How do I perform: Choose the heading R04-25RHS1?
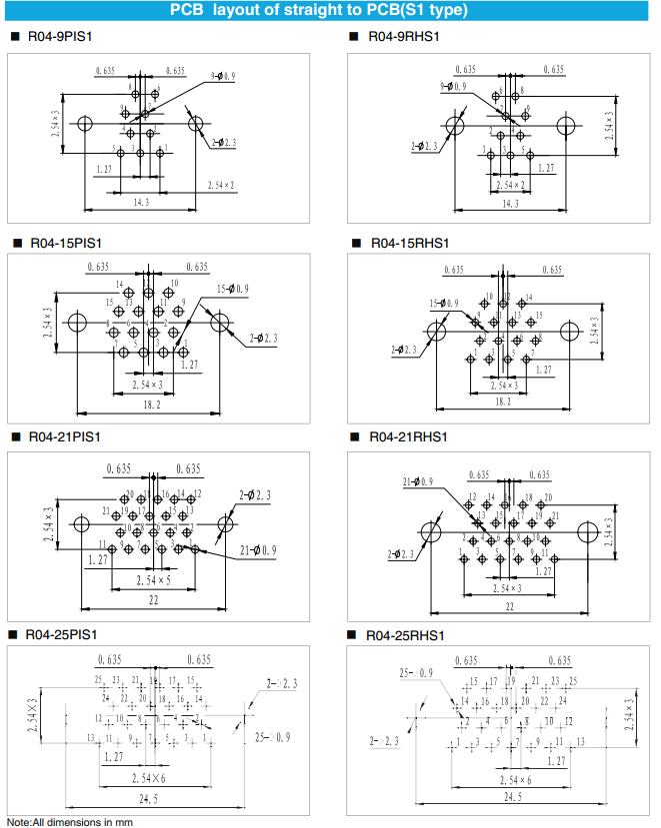click(x=405, y=635)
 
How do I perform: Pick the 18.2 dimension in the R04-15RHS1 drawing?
click(x=505, y=402)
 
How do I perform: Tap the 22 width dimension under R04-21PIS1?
click(x=153, y=599)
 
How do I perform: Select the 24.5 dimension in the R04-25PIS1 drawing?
click(x=151, y=797)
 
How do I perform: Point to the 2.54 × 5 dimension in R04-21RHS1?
click(x=510, y=588)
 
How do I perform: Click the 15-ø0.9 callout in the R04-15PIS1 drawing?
click(x=233, y=289)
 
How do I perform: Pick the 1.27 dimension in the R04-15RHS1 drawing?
click(x=543, y=370)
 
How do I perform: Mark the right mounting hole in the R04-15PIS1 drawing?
click(x=221, y=322)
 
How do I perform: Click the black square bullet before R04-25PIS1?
click(x=12, y=635)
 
